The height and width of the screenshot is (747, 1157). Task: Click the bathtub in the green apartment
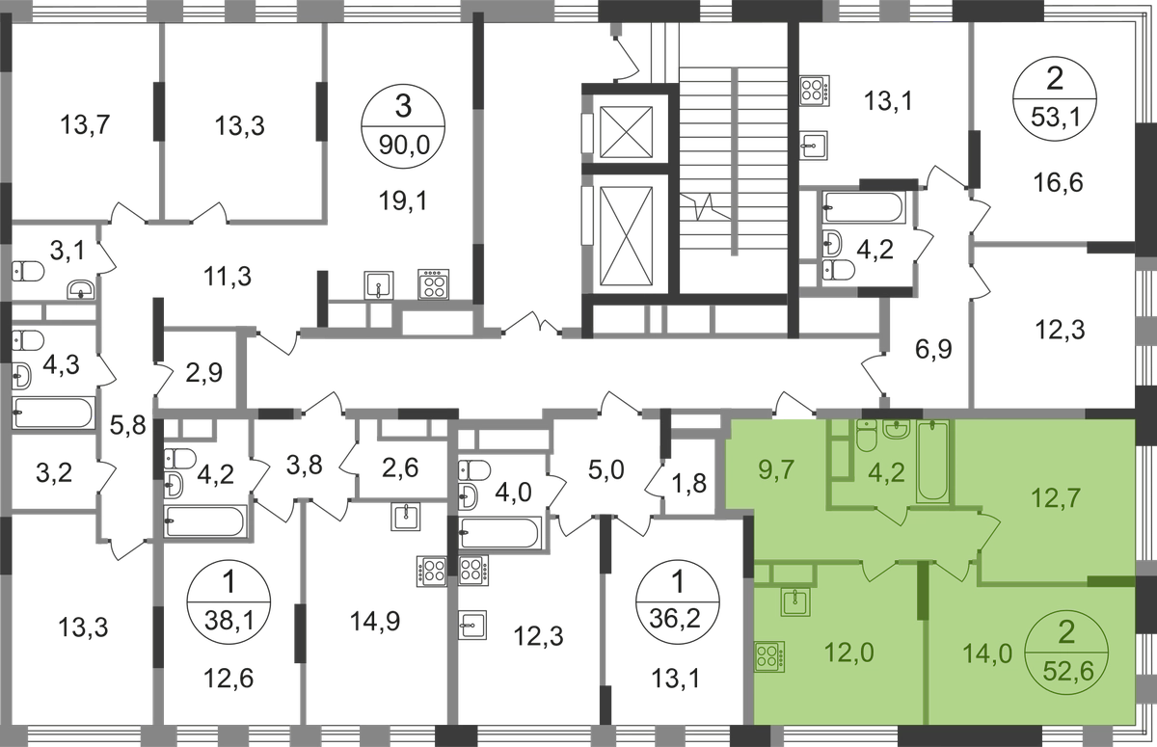click(932, 462)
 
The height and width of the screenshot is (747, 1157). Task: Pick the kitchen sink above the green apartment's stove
click(795, 603)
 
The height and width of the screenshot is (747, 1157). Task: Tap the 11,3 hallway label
click(229, 279)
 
